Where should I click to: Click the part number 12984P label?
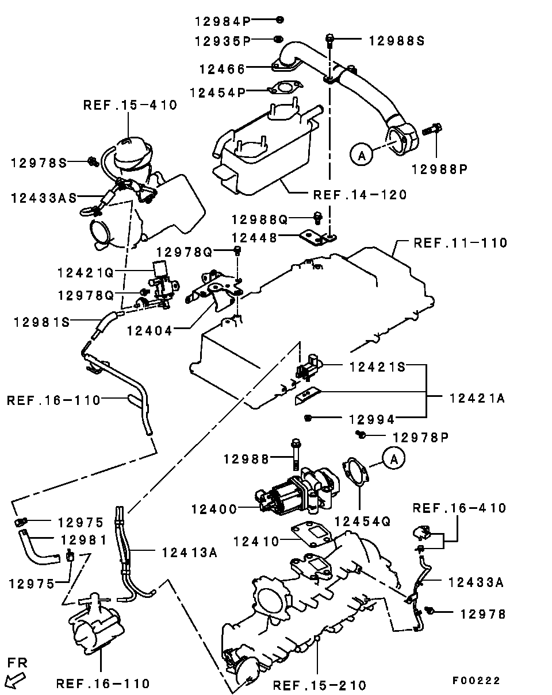223,21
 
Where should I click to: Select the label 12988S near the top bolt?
397,41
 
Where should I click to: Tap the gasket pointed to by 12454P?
285,87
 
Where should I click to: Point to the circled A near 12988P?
362,155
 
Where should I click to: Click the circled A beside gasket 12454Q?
393,458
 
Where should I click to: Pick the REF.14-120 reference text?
360,195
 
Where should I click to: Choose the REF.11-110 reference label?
461,243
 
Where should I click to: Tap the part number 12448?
255,238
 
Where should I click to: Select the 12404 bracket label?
149,331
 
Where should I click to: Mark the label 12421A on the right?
477,398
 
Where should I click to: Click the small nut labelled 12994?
308,418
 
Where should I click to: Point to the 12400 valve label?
214,509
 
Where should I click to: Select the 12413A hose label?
190,553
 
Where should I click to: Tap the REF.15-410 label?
131,105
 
